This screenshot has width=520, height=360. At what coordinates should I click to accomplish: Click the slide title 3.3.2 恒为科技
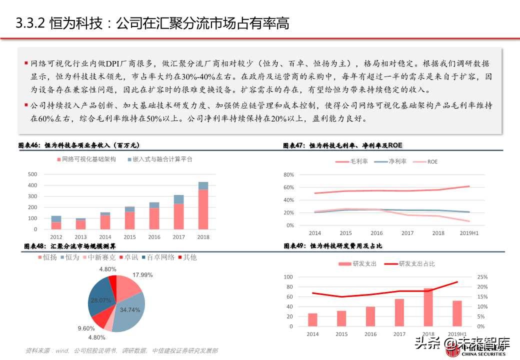[152, 23]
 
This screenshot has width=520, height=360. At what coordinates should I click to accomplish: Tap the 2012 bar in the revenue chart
[56, 223]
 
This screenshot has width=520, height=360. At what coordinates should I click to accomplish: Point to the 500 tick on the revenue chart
[32, 174]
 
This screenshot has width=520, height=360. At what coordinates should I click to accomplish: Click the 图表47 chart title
[342, 145]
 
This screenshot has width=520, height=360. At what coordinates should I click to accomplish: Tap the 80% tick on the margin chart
[288, 175]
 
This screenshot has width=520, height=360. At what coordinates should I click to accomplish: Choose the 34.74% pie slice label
[130, 310]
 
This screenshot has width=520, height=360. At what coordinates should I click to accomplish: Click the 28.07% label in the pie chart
[100, 300]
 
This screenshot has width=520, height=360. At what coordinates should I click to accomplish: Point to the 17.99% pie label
[142, 275]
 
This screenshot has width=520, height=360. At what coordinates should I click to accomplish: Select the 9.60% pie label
[86, 328]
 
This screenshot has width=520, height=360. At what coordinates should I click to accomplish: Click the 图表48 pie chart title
[70, 246]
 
